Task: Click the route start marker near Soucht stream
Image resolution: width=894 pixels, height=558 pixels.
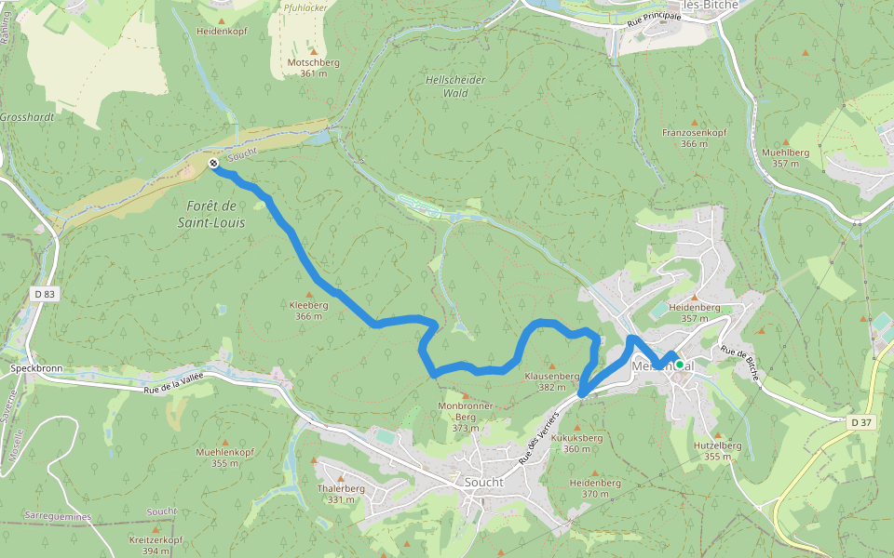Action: tap(213, 164)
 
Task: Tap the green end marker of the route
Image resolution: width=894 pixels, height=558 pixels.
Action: tap(680, 364)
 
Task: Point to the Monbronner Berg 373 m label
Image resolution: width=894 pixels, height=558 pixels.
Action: tap(465, 417)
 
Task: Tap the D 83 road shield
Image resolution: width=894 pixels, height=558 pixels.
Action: tap(44, 294)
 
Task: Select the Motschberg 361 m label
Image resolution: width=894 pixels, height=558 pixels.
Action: tap(314, 68)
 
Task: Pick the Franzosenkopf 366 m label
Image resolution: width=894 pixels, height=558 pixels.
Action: tap(694, 138)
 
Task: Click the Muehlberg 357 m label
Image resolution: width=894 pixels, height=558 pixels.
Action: tap(785, 157)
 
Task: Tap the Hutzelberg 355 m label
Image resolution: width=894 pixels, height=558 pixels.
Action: tap(718, 451)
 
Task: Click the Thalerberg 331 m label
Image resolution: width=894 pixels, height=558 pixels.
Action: tap(341, 494)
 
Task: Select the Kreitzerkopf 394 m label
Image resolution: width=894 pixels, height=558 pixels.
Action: tap(156, 545)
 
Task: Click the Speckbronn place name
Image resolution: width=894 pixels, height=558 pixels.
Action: tap(36, 368)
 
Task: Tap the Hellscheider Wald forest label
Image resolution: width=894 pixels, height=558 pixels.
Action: tap(455, 86)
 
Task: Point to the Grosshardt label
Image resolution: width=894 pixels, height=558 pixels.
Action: tap(27, 118)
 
